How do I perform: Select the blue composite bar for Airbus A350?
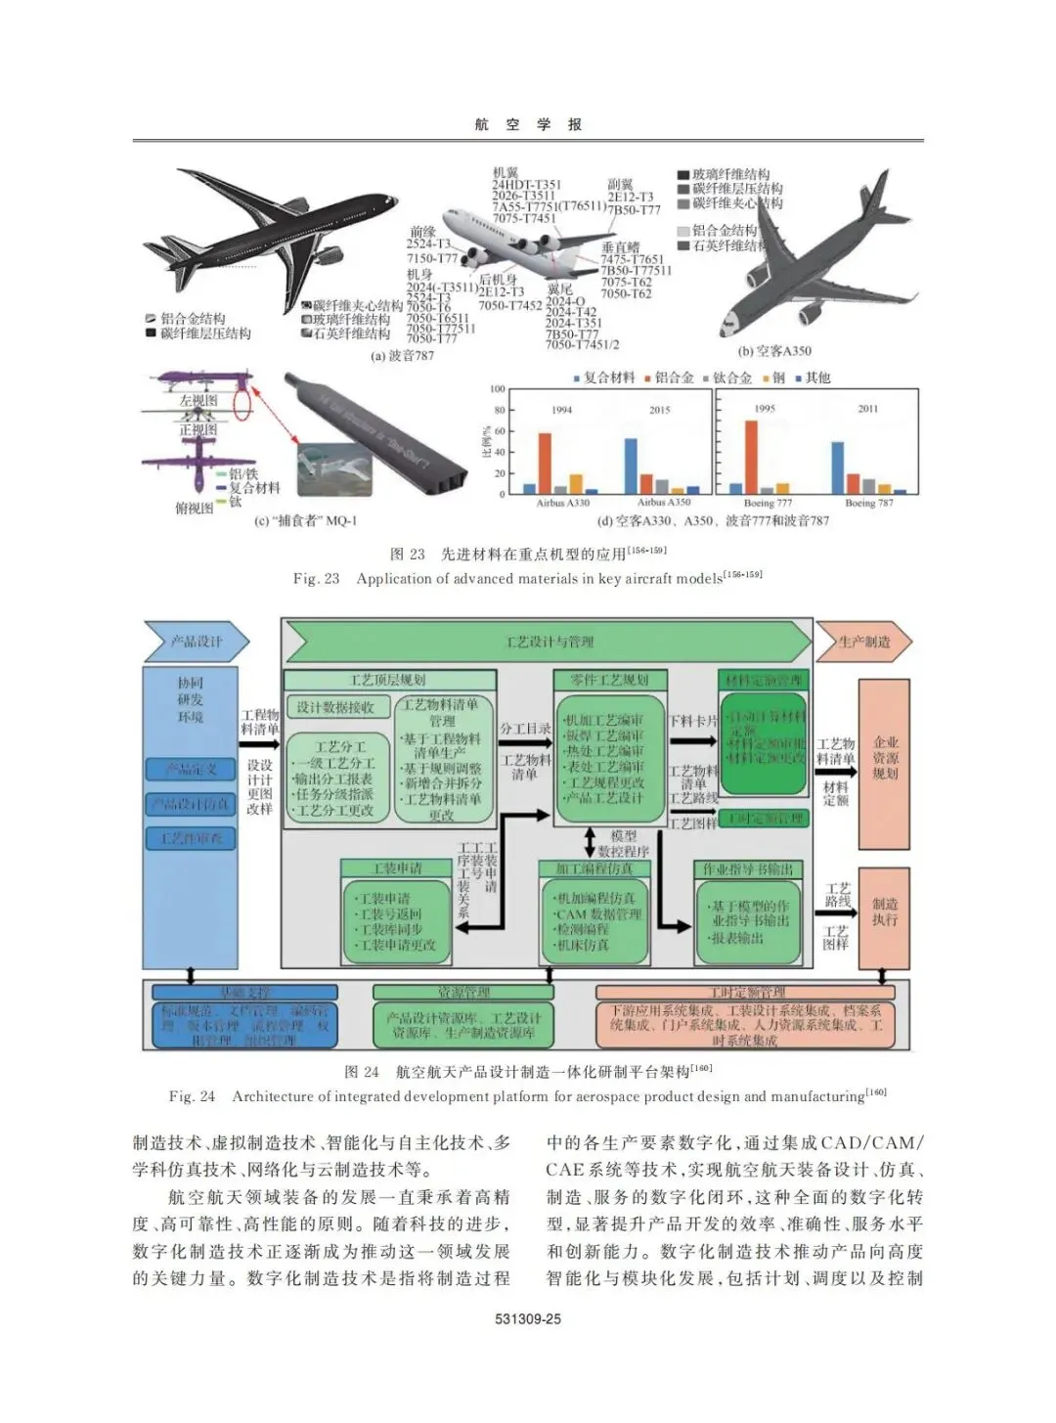click(631, 467)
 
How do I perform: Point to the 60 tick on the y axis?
click(500, 431)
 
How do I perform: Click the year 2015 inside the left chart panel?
click(660, 410)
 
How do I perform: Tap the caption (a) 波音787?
click(402, 356)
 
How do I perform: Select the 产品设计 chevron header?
click(197, 643)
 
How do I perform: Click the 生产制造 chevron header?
click(864, 643)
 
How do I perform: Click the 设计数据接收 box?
click(335, 707)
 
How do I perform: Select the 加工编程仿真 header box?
click(594, 868)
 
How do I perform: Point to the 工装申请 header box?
click(397, 868)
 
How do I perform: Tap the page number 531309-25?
click(528, 1318)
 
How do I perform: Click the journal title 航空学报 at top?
click(528, 124)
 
